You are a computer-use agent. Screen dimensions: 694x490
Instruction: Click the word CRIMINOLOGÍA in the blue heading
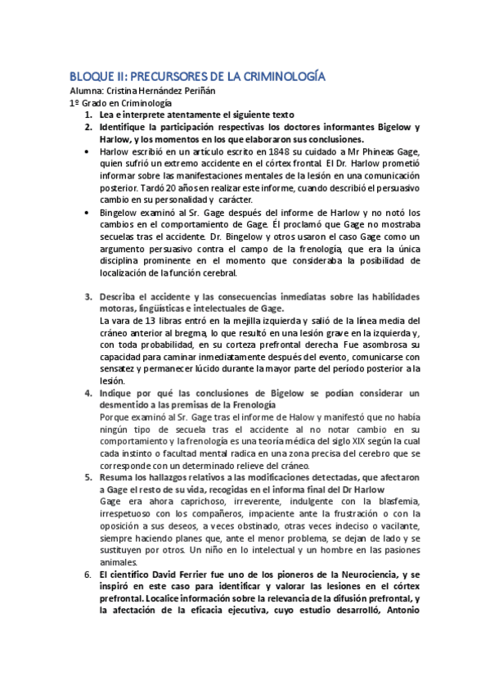pos(281,76)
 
